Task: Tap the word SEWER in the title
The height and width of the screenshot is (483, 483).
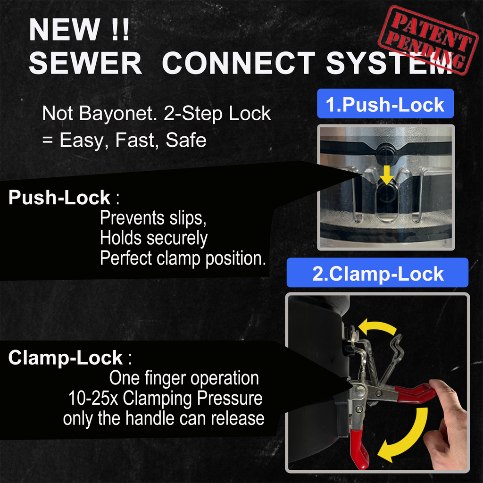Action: [86, 63]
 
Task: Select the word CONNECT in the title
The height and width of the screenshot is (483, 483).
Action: [238, 63]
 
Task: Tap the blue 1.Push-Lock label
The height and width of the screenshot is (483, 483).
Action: [385, 104]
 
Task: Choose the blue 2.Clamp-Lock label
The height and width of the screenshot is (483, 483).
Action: [377, 274]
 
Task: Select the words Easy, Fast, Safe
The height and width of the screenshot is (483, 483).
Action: [133, 140]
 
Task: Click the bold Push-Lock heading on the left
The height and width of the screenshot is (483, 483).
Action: [59, 198]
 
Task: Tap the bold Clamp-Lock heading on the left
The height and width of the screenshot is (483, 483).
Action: [66, 358]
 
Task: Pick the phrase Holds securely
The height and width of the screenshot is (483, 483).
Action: [153, 238]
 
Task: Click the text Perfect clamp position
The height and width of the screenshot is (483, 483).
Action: [183, 258]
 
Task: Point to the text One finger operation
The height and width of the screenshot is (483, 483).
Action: [184, 378]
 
